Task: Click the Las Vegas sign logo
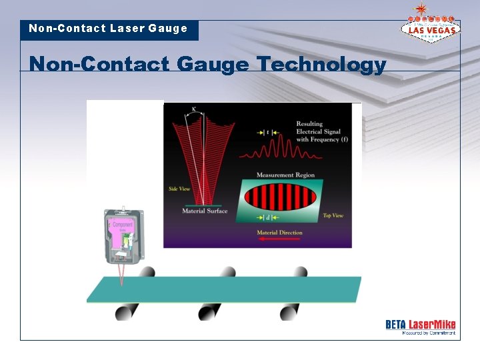click(430, 27)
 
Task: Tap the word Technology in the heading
click(321, 65)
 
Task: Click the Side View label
click(179, 189)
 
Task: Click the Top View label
click(333, 215)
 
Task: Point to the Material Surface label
click(205, 211)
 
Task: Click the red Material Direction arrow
click(279, 239)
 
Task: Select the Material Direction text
click(279, 232)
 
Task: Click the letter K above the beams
click(193, 109)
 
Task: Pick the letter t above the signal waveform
click(267, 133)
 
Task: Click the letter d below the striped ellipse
click(267, 217)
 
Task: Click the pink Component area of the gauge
click(122, 226)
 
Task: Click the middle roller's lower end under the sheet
click(209, 312)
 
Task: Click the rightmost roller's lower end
click(289, 312)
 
